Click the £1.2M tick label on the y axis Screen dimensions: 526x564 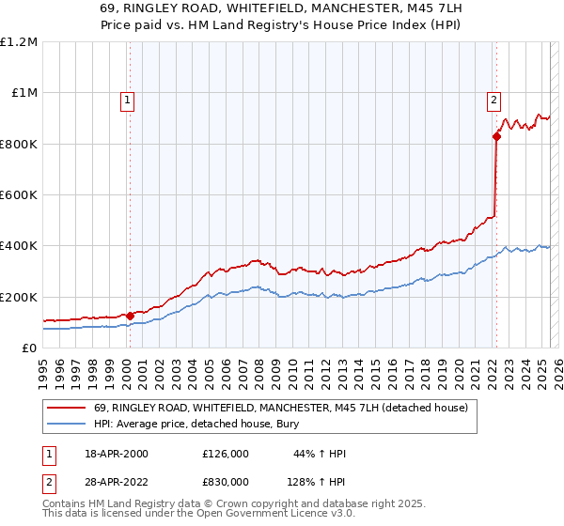(18, 42)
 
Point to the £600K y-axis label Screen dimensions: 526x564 (18, 195)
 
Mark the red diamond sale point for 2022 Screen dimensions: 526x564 (496, 137)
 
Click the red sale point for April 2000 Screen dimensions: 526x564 (130, 316)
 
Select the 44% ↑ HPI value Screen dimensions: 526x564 (321, 454)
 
